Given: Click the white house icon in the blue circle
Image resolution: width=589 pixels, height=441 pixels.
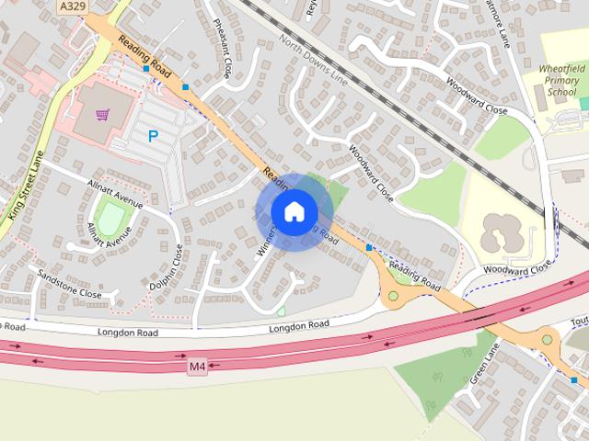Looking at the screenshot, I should coord(294,211).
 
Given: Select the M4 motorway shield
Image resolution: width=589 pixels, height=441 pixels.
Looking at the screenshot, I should coord(197,367).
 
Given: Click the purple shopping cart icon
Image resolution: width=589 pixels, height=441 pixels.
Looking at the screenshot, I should coord(103,115).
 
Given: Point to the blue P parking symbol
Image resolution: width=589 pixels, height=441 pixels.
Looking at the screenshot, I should coord(153,136).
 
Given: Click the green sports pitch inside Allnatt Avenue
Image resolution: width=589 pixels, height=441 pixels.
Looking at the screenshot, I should coord(111,220).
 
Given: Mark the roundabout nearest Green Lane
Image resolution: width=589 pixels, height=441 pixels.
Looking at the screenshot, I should coord(548,339).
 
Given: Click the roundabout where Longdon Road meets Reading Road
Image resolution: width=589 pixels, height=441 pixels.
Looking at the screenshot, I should coord(395,296).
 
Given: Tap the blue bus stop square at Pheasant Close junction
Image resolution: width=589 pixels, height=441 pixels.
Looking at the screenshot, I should coord(186,87).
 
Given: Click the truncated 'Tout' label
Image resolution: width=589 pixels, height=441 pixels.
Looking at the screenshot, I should coord(579,322).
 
